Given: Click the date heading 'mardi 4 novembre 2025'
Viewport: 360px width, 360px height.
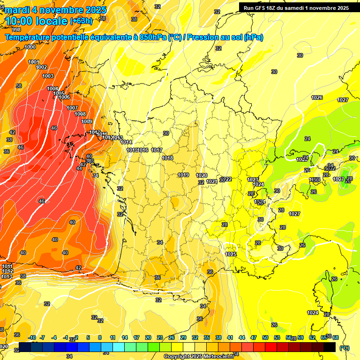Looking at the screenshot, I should [55, 10].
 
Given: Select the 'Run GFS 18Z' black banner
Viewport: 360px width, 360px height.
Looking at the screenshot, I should [296, 7].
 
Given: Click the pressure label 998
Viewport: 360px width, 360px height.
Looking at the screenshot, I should [16, 30].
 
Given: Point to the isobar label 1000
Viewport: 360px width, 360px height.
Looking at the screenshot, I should [30, 47].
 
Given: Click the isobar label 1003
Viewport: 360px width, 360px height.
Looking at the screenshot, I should [48, 76].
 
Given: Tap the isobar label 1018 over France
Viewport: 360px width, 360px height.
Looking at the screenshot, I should [167, 158].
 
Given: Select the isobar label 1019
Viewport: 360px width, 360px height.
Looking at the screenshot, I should [183, 175].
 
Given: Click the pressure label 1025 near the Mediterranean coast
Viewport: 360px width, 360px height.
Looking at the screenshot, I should [231, 254].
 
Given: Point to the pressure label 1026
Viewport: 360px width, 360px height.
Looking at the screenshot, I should [317, 97].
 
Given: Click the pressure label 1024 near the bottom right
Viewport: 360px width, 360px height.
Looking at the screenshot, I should [313, 313].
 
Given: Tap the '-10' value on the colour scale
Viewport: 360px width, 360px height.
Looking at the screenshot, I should [32, 337].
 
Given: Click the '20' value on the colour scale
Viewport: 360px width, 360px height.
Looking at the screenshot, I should [148, 337].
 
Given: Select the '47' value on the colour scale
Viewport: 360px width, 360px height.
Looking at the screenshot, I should [254, 337].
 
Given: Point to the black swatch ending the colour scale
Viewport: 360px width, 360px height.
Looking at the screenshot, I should [330, 347].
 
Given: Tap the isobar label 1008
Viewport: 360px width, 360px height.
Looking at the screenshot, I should [80, 114].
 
